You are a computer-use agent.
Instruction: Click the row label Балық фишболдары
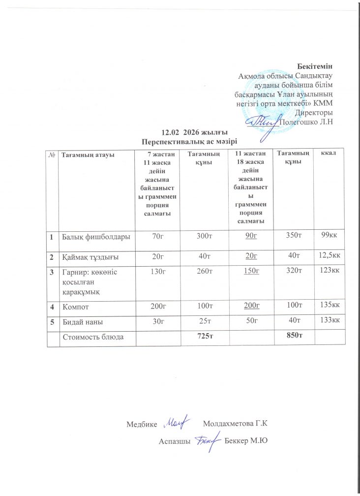95,237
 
